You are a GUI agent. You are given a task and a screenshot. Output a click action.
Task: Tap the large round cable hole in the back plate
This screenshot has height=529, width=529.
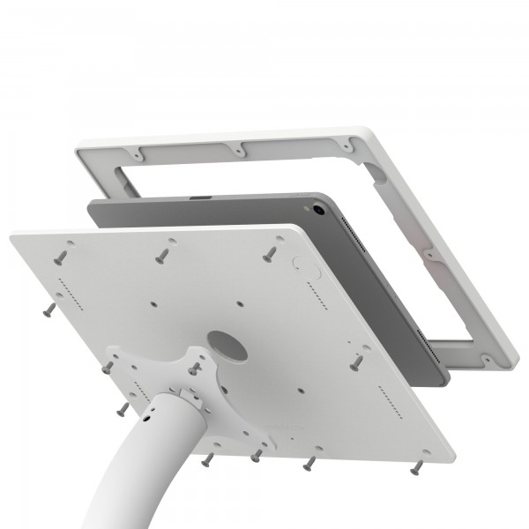(x=227, y=346)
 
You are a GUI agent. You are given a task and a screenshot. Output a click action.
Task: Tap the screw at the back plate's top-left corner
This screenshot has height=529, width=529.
(x=60, y=257)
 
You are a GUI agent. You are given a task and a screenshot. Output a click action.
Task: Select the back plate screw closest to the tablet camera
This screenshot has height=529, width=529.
(x=269, y=253)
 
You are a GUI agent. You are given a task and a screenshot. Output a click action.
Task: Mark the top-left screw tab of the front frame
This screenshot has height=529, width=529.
(x=139, y=153)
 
